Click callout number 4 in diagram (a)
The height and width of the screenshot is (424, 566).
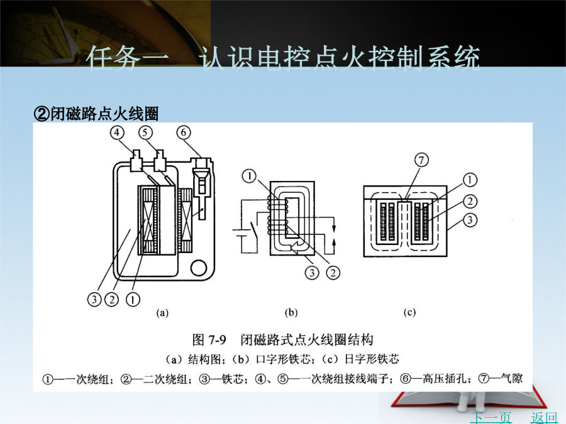[116, 133]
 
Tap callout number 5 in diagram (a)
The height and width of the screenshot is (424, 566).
[145, 133]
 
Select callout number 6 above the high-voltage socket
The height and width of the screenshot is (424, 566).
[184, 133]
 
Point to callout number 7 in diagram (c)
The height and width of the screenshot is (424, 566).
[421, 160]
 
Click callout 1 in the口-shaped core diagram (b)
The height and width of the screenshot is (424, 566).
[250, 177]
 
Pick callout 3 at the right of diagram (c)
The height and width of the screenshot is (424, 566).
[470, 220]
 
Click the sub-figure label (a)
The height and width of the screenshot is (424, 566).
[162, 313]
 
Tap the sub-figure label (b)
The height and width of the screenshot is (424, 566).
[291, 313]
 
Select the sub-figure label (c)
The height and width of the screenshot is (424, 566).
[409, 313]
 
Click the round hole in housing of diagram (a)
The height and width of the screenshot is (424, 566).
[198, 268]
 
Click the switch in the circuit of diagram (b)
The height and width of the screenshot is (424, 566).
[254, 231]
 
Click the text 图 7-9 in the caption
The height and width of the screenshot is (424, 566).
[209, 340]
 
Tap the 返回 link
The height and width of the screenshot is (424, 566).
[544, 418]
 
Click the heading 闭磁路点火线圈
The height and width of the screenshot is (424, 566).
[104, 114]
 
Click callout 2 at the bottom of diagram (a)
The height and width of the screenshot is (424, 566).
[112, 299]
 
